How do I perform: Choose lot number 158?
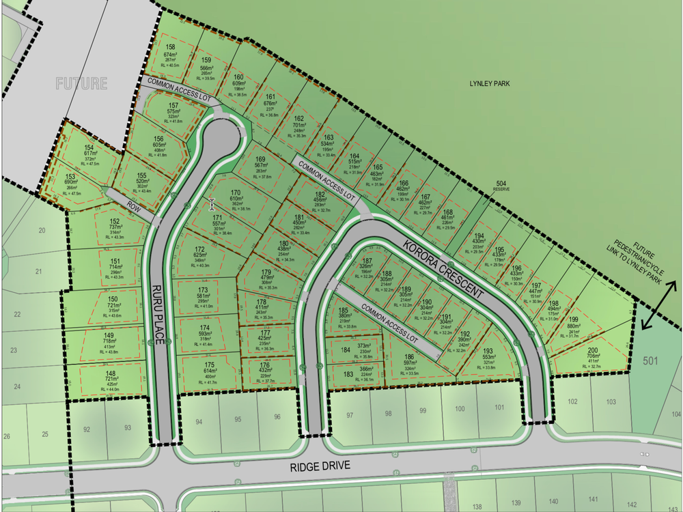pyautogui.click(x=171, y=46)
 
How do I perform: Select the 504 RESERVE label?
pyautogui.click(x=502, y=185)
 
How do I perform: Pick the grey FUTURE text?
pyautogui.click(x=82, y=84)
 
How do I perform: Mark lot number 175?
pyautogui.click(x=210, y=365)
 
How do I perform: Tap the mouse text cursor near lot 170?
pyautogui.click(x=212, y=204)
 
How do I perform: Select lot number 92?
pyautogui.click(x=87, y=429)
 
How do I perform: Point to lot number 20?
pyautogui.click(x=42, y=231)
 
